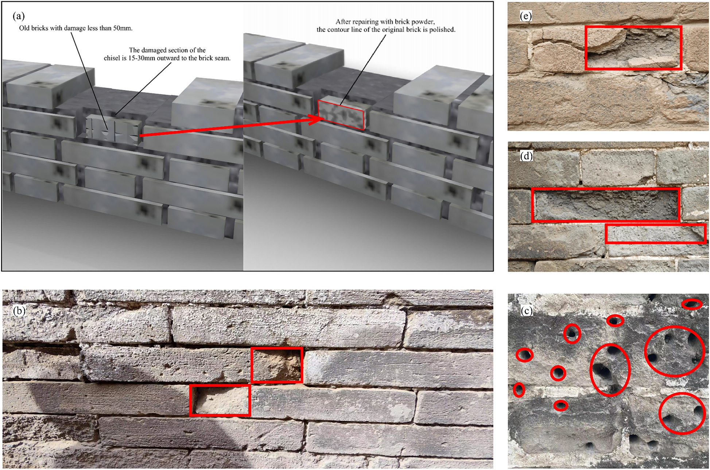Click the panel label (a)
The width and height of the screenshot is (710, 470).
(x=19, y=16)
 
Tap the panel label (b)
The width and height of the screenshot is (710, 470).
(x=19, y=311)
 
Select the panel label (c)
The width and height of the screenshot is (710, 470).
(x=526, y=311)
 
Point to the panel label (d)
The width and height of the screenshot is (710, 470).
(x=526, y=156)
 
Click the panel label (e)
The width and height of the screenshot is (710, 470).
(x=525, y=16)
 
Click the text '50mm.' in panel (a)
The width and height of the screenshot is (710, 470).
(x=123, y=28)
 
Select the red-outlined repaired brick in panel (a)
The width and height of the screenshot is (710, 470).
(x=341, y=114)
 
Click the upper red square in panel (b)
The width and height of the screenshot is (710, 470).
(x=277, y=365)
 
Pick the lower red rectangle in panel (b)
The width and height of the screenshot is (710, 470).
(x=220, y=400)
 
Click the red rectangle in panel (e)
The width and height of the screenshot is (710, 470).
(x=633, y=47)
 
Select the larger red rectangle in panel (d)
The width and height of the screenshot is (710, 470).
(x=605, y=205)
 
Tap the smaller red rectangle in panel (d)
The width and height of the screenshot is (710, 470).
(x=655, y=234)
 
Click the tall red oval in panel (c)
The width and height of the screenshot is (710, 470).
(x=610, y=370)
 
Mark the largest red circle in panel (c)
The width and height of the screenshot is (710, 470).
(x=674, y=351)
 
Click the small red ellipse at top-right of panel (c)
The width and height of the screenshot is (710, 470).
(x=691, y=304)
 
